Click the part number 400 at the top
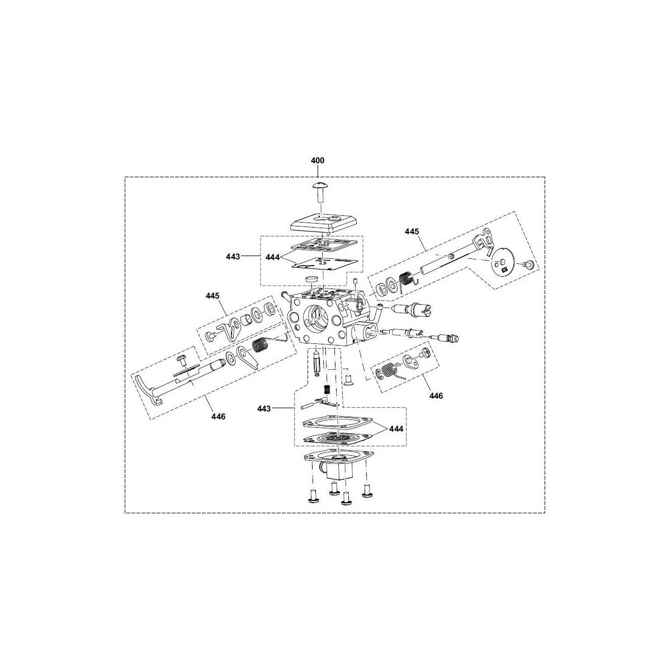click(x=317, y=160)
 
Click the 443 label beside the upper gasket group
click(x=233, y=257)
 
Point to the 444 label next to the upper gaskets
click(x=273, y=257)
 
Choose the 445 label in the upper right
click(x=412, y=231)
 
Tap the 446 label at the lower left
click(x=218, y=417)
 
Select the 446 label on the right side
click(x=436, y=396)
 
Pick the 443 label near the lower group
click(x=264, y=409)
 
